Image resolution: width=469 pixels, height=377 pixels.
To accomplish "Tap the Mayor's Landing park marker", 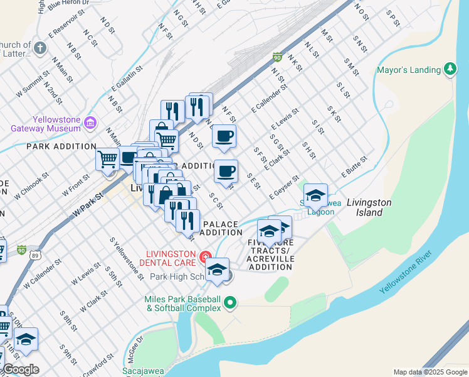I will coord(450,69).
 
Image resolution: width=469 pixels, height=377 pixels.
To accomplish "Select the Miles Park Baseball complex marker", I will coord(230,303).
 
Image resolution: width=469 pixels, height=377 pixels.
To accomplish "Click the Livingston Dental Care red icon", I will coord(204,256).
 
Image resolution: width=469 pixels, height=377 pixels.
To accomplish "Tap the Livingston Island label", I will coord(369,207).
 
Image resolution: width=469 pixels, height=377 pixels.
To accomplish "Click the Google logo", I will coord(21,369).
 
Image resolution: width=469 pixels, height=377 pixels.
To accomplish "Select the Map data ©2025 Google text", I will coord(429,372).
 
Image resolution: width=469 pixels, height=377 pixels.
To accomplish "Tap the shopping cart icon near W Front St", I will coord(107,159).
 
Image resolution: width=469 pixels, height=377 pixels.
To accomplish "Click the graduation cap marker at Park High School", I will coord(217,269).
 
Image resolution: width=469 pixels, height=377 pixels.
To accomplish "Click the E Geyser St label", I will coord(284,187).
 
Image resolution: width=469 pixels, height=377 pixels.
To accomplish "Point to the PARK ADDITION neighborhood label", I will coord(61,146).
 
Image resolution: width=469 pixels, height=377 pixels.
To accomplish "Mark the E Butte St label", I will coord(354,167).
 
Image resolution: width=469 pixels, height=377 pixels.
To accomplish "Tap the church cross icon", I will coord(40,48).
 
